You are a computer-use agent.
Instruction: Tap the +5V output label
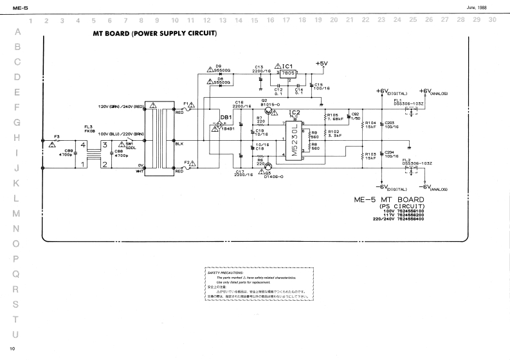coord(322,63)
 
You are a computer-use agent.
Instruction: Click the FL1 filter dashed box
coord(408,111)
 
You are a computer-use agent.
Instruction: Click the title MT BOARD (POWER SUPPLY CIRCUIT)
coord(155,33)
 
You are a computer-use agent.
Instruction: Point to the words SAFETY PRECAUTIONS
coord(223,273)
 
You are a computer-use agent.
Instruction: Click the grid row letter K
coord(17,183)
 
